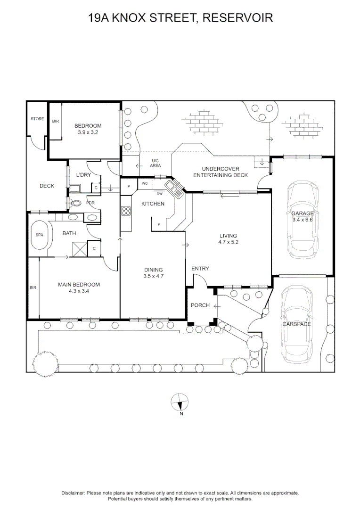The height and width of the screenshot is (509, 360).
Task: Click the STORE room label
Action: (x=37, y=119)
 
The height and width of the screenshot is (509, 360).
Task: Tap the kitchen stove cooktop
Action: (x=126, y=211)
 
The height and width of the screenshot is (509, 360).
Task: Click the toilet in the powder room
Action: (x=76, y=204)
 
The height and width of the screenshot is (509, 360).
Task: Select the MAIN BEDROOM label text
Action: (x=79, y=285)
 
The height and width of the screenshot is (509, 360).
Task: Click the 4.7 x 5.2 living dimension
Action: (x=228, y=242)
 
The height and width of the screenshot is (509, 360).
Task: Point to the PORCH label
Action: (x=200, y=305)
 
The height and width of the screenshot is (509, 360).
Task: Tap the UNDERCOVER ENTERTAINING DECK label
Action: (x=221, y=172)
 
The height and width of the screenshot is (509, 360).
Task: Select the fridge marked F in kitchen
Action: (x=159, y=225)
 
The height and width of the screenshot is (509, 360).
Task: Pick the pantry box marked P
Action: (x=129, y=186)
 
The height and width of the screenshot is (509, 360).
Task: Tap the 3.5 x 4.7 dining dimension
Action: (x=154, y=276)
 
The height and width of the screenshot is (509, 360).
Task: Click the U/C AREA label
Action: (x=155, y=164)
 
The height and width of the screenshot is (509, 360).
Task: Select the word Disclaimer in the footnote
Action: (x=73, y=493)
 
